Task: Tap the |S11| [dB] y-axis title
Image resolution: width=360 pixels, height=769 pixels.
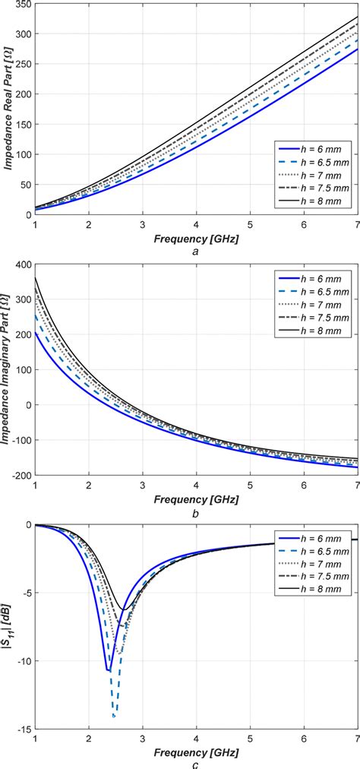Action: tap(9, 627)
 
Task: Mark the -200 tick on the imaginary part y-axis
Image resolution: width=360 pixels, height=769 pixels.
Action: tap(20, 475)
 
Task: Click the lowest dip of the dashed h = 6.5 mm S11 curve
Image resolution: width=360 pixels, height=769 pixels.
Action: tap(114, 716)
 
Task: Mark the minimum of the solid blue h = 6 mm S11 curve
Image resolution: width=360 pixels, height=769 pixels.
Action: tap(108, 670)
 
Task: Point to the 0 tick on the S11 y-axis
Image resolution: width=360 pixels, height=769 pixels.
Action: tap(27, 525)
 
